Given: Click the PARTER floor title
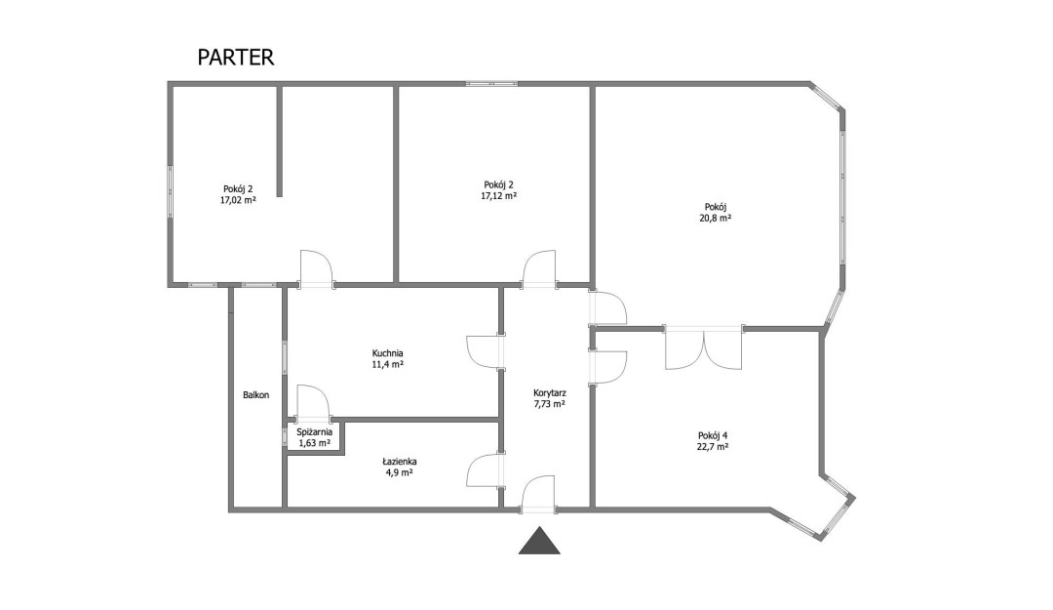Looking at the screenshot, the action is [236, 58].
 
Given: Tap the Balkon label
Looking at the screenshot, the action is [255, 394].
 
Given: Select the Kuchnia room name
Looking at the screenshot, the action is [387, 353].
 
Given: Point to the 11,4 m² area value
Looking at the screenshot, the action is [387, 364].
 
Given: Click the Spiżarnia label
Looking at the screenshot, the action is [314, 432].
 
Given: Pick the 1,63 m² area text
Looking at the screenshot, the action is [314, 443].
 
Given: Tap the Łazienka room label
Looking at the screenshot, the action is [400, 462].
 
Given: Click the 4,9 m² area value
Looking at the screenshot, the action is [400, 472].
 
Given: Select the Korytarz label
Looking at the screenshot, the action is [549, 392].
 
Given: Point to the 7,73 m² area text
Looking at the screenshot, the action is [549, 403].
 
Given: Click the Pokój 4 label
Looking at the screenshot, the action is [713, 434].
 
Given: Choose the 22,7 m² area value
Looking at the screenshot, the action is [713, 446].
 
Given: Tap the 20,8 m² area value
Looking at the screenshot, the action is [716, 218].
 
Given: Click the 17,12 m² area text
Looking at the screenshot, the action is [498, 196].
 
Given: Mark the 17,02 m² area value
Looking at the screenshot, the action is [238, 200].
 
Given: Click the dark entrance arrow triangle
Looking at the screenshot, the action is [539, 542].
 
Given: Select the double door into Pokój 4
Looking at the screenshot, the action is [704, 348].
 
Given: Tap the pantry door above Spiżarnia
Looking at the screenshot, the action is [313, 402].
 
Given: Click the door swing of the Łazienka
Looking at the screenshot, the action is [485, 470].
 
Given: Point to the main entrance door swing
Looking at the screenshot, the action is [538, 493].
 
